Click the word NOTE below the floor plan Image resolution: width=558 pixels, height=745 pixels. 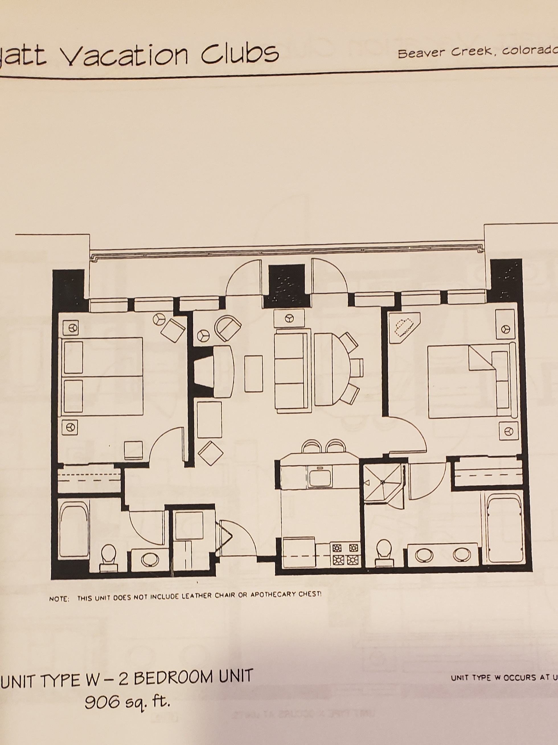click(x=59, y=599)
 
